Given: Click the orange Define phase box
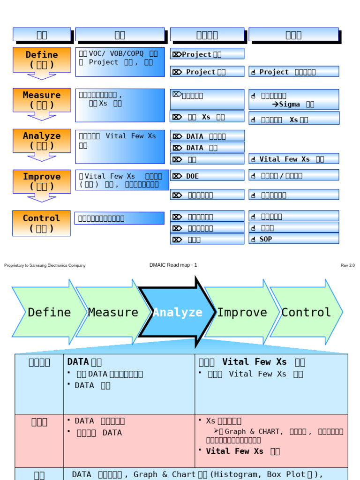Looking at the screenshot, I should (42, 60).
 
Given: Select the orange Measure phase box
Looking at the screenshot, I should (42, 100).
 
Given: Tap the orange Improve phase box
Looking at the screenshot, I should (42, 181).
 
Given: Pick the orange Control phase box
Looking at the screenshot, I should (42, 223).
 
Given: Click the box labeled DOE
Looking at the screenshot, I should (207, 176).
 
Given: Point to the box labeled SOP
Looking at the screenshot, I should (293, 239).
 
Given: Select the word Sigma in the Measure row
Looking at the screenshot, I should (289, 105).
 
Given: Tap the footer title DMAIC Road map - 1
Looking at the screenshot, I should (173, 265).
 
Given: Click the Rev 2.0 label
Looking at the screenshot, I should (347, 265).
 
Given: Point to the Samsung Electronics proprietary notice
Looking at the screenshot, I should (45, 265).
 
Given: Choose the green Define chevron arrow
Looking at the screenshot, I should (47, 312).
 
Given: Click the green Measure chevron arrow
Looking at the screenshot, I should (112, 312).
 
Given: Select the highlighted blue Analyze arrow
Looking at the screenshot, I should (177, 312).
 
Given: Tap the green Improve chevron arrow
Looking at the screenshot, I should (241, 312).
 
